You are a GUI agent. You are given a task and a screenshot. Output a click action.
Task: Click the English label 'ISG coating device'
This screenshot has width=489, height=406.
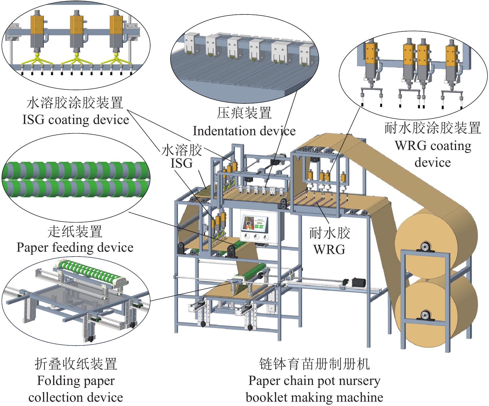coord(76,120)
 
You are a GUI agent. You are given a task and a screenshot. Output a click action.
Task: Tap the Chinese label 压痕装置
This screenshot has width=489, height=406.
coord(244,113)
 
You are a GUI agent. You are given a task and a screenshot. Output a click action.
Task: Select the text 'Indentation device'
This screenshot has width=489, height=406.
coord(244,131)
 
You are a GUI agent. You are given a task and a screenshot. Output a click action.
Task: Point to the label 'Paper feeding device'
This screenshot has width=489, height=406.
coord(75,247)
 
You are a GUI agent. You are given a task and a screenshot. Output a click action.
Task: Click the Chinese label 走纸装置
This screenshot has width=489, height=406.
coord(75,232)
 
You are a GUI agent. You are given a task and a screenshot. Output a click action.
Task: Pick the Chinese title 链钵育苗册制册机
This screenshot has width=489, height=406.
coord(314,364)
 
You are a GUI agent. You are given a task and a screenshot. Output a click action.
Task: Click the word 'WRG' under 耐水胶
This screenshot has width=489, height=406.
coord(329,249)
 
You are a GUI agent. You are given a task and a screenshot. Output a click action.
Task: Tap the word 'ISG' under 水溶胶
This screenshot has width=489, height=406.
coord(181,164)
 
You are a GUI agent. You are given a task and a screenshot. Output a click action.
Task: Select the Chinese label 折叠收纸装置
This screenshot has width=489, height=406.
coord(76,364)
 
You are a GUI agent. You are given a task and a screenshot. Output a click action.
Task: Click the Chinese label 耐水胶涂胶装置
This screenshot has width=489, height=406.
coord(432,128)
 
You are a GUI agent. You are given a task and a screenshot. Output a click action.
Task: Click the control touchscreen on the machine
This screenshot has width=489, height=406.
coord(254,224)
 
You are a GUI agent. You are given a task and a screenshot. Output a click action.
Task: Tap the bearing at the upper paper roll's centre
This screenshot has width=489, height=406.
coord(424,247)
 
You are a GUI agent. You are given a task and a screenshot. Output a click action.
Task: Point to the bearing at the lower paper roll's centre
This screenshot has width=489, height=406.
coord(425,315)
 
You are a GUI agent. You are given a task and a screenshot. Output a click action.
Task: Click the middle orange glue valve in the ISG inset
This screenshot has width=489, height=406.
coord(77,25)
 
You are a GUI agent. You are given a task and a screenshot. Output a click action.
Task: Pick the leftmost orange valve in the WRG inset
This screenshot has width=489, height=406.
coord(371,53)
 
